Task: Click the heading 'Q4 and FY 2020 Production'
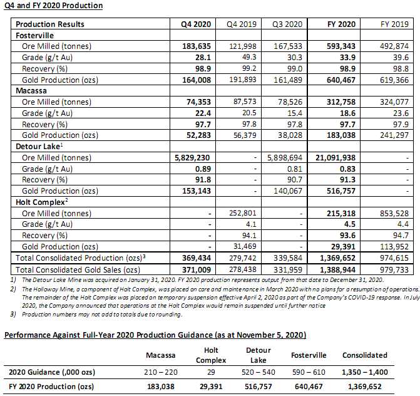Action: pos(54,6)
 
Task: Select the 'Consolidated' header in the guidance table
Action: pos(365,355)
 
